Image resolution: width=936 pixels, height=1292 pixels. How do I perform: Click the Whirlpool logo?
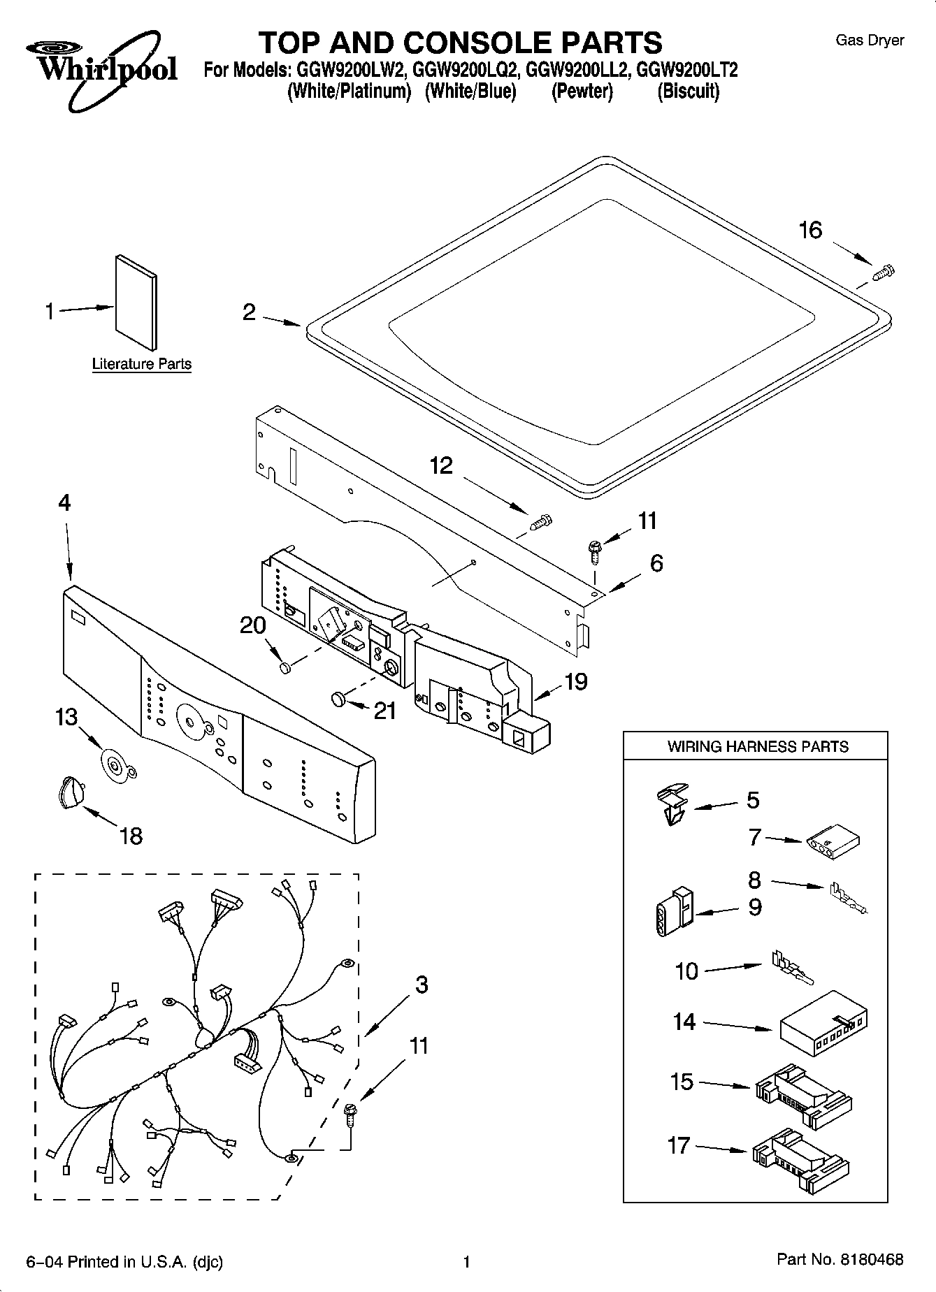pos(101,68)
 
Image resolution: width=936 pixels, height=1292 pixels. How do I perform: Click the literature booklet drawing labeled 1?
pos(136,301)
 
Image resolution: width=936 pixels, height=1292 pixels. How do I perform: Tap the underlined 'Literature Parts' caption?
pos(142,364)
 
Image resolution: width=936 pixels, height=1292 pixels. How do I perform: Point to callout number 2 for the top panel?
pos(249,312)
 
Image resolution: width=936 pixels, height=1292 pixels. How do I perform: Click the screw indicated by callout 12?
pos(541,521)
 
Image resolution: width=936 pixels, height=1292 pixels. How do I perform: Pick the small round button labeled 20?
pos(285,669)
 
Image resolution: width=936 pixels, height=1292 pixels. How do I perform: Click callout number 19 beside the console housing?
pos(576,681)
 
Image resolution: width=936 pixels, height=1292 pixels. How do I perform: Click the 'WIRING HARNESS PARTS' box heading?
pos(757,746)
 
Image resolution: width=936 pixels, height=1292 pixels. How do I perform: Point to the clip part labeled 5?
pos(672,804)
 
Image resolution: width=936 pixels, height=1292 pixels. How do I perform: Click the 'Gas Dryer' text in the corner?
pos(870,41)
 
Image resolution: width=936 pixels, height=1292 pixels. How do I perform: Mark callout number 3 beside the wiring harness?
pos(421,985)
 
